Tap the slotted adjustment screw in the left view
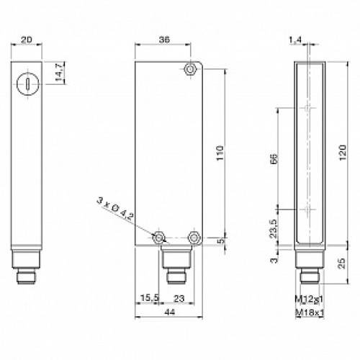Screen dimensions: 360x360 click(x=27, y=82)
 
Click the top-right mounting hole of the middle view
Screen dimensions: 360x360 click(x=189, y=69)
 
